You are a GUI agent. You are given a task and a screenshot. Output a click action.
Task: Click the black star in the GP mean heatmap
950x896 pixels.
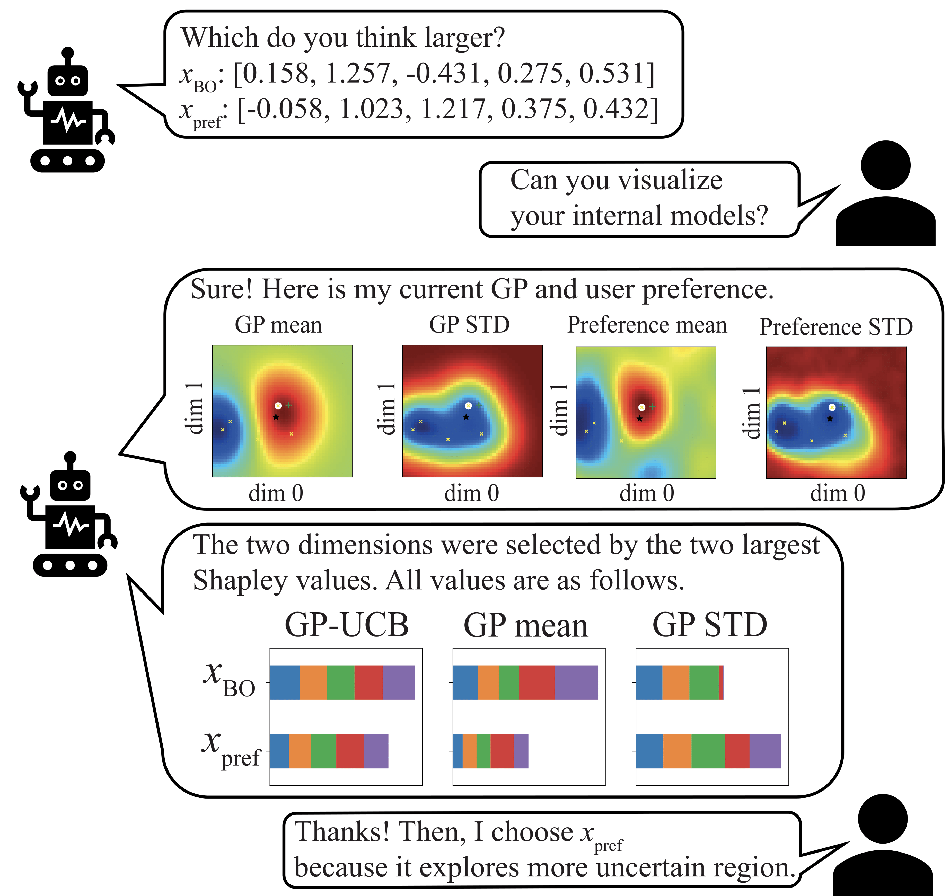pyautogui.click(x=276, y=417)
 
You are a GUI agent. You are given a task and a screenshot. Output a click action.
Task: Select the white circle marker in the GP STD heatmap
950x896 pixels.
pyautogui.click(x=468, y=406)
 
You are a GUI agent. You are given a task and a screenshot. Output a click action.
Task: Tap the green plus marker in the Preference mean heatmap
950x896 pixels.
pyautogui.click(x=652, y=407)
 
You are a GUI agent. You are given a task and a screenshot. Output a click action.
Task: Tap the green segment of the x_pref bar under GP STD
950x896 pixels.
pyautogui.click(x=708, y=751)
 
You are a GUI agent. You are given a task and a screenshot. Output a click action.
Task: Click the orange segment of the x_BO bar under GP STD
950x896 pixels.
pyautogui.click(x=676, y=682)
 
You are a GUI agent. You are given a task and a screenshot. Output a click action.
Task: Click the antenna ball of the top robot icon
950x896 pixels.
pyautogui.click(x=68, y=52)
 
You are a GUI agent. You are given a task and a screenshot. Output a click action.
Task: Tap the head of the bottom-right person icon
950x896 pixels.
pyautogui.click(x=883, y=819)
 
